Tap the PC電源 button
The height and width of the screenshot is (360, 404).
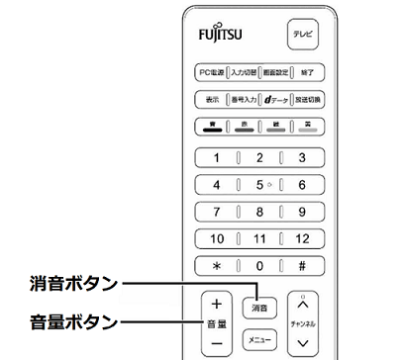tap(211, 74)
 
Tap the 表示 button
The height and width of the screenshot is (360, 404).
tap(212, 100)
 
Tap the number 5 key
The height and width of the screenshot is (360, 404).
tap(259, 184)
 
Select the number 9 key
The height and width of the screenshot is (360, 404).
tap(302, 211)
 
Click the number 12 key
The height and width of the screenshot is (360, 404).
tap(302, 238)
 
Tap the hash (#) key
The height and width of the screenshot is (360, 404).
tap(302, 265)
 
